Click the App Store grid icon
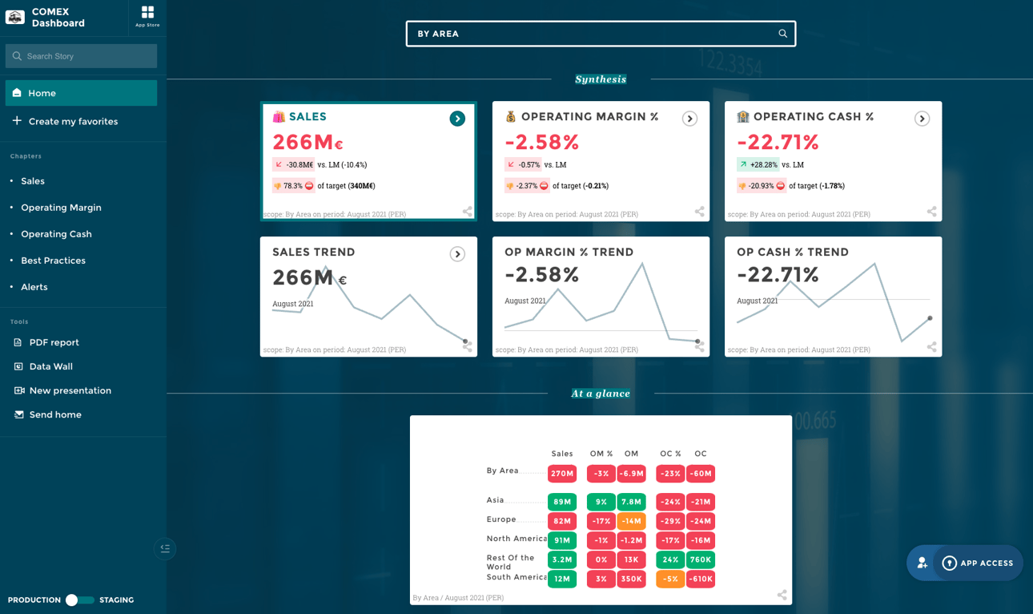click(x=147, y=13)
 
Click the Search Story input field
click(x=81, y=56)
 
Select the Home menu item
click(x=81, y=93)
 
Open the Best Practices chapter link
click(x=53, y=261)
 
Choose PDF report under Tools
click(x=54, y=342)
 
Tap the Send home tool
click(x=54, y=414)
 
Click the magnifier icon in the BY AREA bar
click(x=782, y=34)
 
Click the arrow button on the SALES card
click(x=457, y=119)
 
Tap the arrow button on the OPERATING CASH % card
click(x=922, y=119)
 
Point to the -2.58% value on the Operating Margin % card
click(x=541, y=143)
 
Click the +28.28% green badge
click(x=758, y=164)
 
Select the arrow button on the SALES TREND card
click(x=457, y=254)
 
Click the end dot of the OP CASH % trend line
click(x=930, y=318)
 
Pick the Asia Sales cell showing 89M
click(x=562, y=502)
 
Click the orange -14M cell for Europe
click(x=631, y=521)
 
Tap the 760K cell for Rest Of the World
click(x=701, y=559)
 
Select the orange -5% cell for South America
click(x=670, y=579)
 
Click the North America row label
click(x=516, y=539)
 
